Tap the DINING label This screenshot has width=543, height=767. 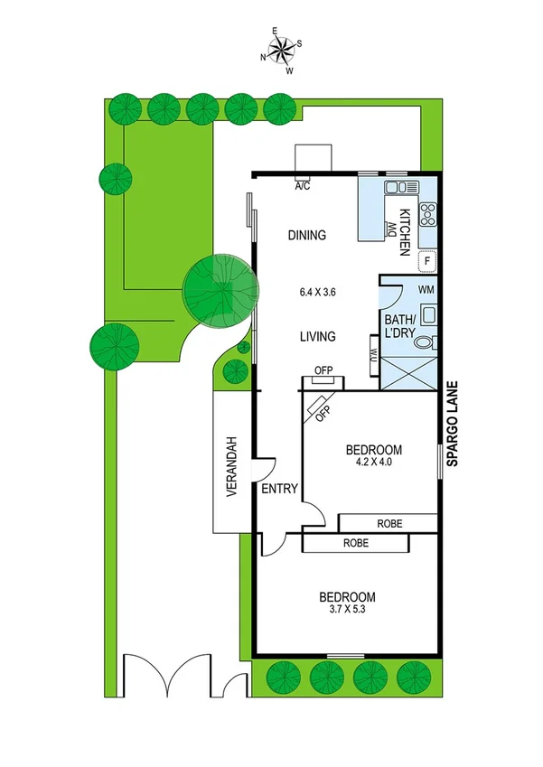[306, 236]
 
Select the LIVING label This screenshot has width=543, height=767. [317, 337]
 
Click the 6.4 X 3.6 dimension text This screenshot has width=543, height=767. [317, 293]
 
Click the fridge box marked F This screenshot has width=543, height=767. [428, 261]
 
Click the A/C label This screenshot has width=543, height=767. [303, 187]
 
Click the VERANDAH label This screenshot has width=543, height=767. [231, 466]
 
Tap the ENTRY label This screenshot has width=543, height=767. [279, 490]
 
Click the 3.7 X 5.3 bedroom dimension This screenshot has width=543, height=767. [347, 612]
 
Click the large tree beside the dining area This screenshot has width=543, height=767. [220, 291]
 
